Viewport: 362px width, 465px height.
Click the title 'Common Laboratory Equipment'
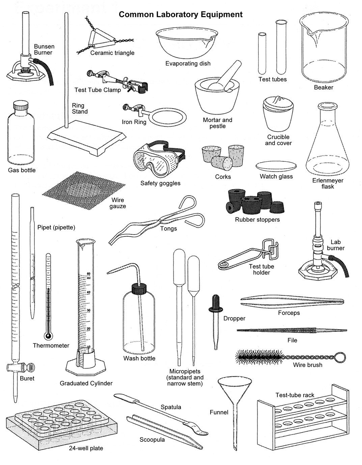(180, 14)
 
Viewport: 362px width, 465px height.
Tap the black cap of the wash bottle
(139, 289)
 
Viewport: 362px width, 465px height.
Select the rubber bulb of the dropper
(216, 300)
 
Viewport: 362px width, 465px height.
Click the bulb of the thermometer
(48, 336)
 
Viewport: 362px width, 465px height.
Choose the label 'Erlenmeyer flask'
(328, 183)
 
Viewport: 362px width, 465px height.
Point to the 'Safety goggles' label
(160, 183)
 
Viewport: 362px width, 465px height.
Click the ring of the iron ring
(168, 117)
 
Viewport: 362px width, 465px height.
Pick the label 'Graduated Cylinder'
(86, 383)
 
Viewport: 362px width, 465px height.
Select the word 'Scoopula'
(152, 440)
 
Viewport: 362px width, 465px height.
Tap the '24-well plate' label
(86, 448)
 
